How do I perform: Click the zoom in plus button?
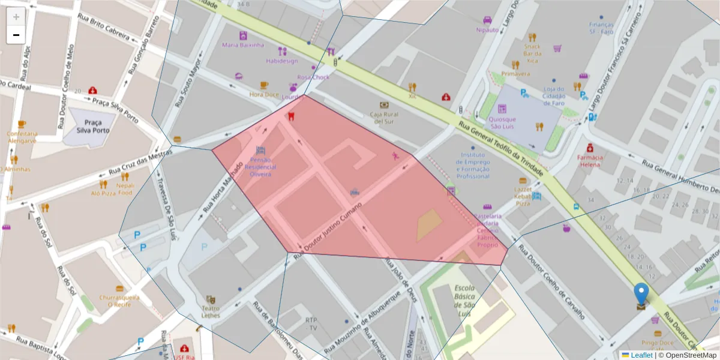click(16, 17)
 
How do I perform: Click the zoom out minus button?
click(16, 35)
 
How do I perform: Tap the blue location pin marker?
click(641, 294)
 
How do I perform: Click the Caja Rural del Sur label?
click(383, 118)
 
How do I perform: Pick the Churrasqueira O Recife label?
click(119, 300)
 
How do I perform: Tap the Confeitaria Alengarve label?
click(22, 137)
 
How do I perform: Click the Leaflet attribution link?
click(641, 355)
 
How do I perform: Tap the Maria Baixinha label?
click(243, 45)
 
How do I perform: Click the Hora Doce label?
click(264, 94)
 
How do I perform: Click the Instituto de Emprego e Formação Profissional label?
click(473, 165)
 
